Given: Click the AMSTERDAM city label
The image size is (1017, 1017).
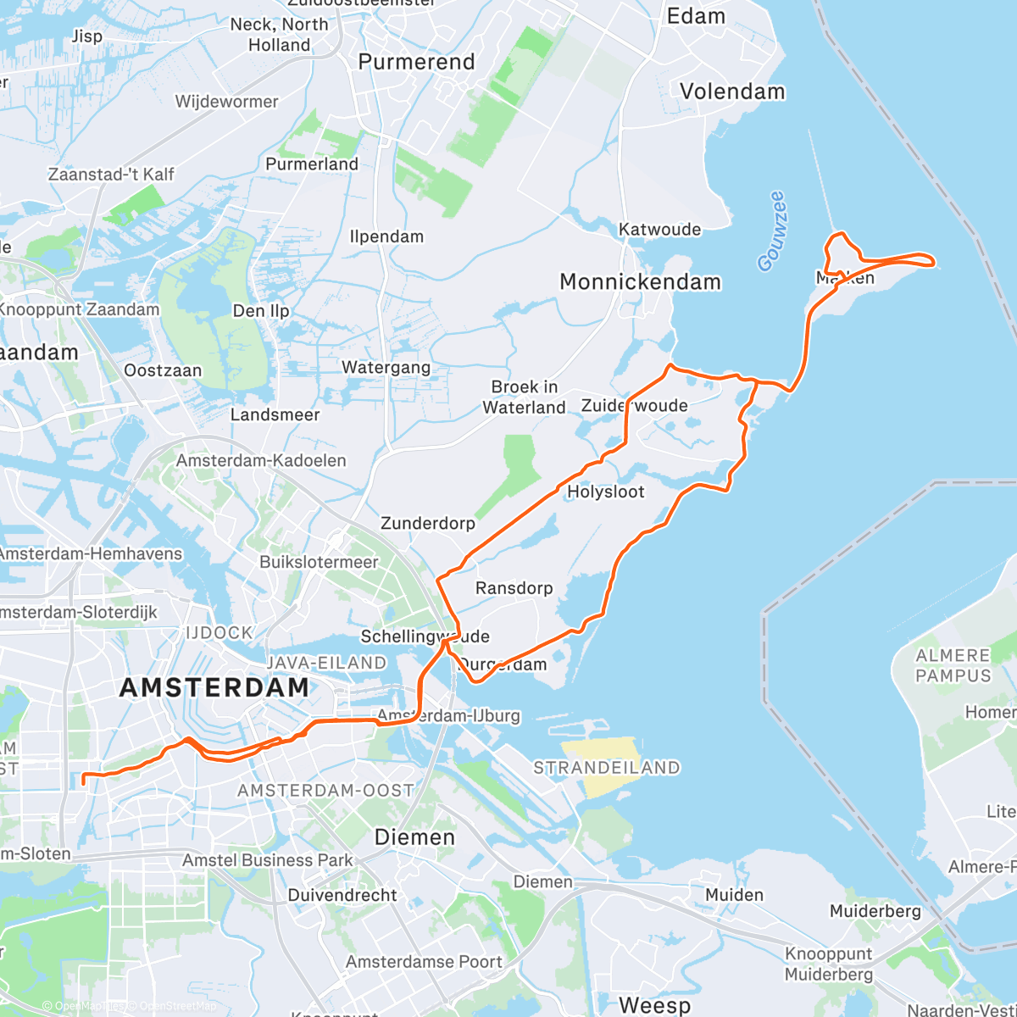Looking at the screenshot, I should (214, 687).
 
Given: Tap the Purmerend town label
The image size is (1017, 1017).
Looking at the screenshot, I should (416, 62).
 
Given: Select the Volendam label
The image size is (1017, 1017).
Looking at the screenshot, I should (732, 92).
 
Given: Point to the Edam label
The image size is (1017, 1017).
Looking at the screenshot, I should (696, 16).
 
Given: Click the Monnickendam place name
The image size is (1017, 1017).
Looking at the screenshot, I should (640, 282).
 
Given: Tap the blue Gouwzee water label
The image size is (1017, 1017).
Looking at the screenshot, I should (772, 231).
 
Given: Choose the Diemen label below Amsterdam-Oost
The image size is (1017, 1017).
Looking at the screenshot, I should (414, 837).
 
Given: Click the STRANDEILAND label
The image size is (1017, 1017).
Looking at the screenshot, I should (607, 768).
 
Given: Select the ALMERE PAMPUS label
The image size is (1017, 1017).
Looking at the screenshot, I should (953, 666).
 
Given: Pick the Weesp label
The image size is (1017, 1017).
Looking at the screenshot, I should (654, 1005).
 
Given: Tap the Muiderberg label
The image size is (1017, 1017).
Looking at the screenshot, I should (875, 911).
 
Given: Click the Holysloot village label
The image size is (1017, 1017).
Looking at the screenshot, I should (605, 492).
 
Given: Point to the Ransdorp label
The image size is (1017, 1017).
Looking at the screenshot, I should (514, 588).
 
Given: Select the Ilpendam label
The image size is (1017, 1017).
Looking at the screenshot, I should (386, 236).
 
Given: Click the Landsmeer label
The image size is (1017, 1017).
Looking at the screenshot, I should (275, 414).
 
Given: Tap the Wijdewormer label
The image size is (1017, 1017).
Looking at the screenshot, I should (226, 102).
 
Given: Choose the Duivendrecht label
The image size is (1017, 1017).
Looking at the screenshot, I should (342, 895).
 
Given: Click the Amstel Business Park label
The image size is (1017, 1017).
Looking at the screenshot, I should (267, 860).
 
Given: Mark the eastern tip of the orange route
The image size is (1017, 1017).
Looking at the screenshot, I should (933, 262).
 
